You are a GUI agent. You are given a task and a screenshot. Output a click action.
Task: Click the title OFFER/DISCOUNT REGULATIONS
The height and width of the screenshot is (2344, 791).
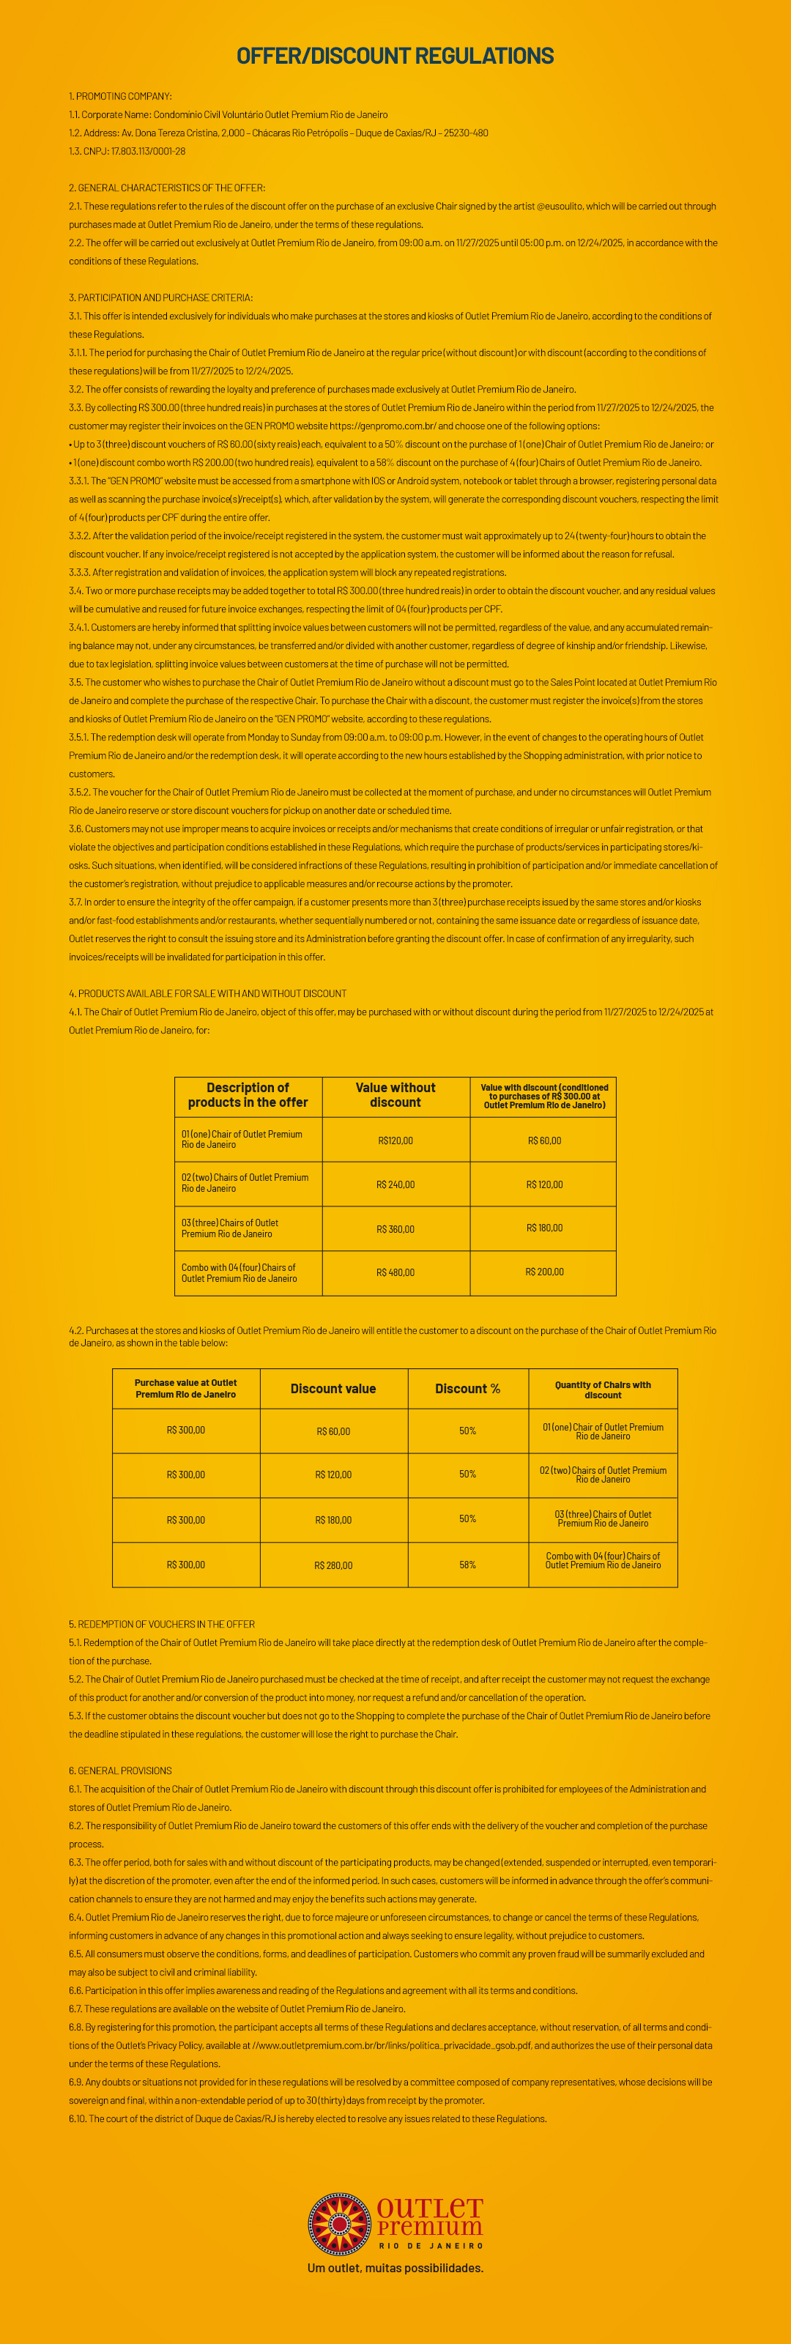tap(395, 56)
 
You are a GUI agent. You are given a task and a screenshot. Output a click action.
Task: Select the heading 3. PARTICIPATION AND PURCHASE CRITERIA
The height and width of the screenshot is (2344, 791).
tap(161, 297)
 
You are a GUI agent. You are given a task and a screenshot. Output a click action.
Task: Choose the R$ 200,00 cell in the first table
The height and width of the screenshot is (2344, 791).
tap(544, 1272)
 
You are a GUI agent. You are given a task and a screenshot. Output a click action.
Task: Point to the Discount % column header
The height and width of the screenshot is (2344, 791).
tap(468, 1389)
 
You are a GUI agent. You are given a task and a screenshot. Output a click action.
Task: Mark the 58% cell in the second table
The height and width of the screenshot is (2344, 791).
tap(468, 1565)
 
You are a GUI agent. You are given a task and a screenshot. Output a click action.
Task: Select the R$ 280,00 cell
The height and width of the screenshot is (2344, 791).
tap(333, 1565)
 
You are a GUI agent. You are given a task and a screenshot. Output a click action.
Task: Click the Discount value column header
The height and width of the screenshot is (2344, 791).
tap(333, 1389)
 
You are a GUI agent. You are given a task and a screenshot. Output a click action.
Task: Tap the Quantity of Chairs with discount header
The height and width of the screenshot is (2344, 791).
tap(603, 1390)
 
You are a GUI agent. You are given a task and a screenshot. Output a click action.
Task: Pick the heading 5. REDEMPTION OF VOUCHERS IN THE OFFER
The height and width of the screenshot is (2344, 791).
tap(162, 1624)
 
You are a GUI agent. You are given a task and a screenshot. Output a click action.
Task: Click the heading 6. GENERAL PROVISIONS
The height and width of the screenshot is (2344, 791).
tap(120, 1770)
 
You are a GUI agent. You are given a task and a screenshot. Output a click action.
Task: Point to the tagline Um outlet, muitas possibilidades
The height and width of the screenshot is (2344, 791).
tap(395, 2269)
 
